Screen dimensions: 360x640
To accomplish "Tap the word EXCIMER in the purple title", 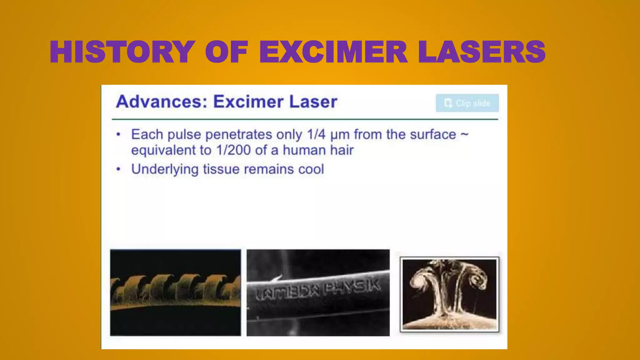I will click(x=333, y=52).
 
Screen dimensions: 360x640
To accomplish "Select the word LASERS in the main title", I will click(x=482, y=52).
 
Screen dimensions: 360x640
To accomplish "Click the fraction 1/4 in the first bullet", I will click(x=316, y=135).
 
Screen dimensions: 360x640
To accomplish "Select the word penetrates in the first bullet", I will click(x=239, y=135).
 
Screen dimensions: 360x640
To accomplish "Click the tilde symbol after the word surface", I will click(x=464, y=134).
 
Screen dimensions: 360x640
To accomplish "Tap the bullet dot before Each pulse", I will click(x=118, y=135).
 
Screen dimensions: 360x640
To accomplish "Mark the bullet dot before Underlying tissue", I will click(x=118, y=169).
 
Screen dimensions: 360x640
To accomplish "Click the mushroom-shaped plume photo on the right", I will click(x=449, y=294).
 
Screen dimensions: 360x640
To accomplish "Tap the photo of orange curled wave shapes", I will click(x=176, y=292).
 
